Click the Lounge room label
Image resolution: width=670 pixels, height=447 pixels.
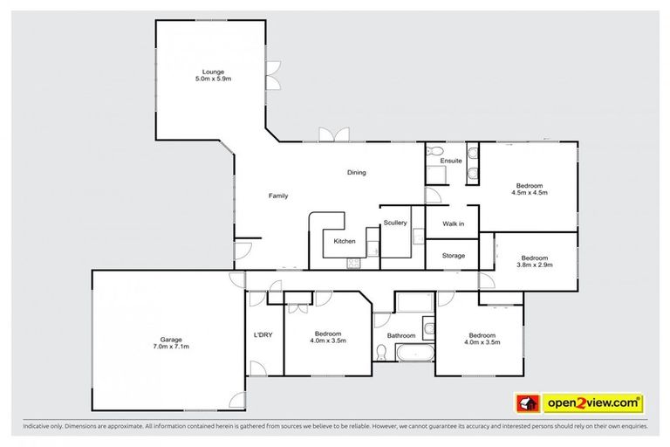coord(214,72)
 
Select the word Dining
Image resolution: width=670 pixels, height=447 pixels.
coord(356,173)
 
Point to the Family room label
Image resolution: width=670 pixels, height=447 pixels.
coord(277,196)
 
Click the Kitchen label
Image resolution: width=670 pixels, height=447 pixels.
coord(345,241)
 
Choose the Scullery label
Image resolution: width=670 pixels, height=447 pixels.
coord(394,223)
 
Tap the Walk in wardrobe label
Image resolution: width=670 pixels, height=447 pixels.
coord(453,224)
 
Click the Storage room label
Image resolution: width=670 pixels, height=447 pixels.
coord(453,256)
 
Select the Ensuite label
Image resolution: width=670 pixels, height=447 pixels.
coord(451,162)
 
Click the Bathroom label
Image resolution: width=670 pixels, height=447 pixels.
coord(401,335)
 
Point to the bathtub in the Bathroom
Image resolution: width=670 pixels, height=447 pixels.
coord(415,354)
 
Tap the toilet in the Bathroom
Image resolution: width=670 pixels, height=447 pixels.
coord(382,352)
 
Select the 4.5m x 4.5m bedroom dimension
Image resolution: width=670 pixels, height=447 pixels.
coord(530,194)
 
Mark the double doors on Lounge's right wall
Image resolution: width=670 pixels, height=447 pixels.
coord(273,74)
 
